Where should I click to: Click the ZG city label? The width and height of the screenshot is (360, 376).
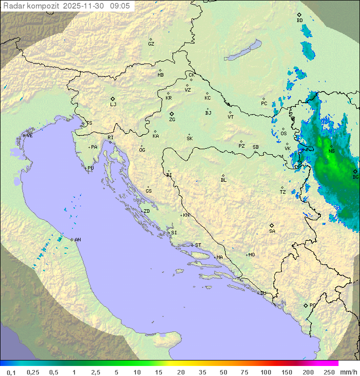[172, 120]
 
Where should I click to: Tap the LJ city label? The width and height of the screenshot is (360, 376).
[113, 105]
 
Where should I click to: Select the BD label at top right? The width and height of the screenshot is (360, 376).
[299, 21]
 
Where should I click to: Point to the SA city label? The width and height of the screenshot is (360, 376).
[272, 231]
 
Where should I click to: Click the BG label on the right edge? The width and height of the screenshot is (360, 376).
[355, 177]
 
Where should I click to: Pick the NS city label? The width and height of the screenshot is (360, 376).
[331, 151]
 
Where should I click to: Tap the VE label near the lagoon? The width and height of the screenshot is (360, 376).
[29, 136]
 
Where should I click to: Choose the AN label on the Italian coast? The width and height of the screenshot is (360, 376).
[77, 240]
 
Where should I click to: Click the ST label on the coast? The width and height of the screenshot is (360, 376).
[198, 245]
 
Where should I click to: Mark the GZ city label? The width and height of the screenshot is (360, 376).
[151, 44]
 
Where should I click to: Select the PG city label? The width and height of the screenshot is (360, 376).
[312, 305]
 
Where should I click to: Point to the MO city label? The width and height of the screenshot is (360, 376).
[251, 255]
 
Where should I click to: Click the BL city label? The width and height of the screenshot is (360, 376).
[223, 180]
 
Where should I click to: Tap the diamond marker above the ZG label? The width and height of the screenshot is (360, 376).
[171, 114]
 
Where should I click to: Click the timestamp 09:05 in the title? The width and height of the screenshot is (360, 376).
[120, 6]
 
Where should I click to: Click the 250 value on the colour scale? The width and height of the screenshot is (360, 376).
[329, 372]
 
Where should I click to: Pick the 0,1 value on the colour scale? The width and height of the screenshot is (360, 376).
[11, 372]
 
